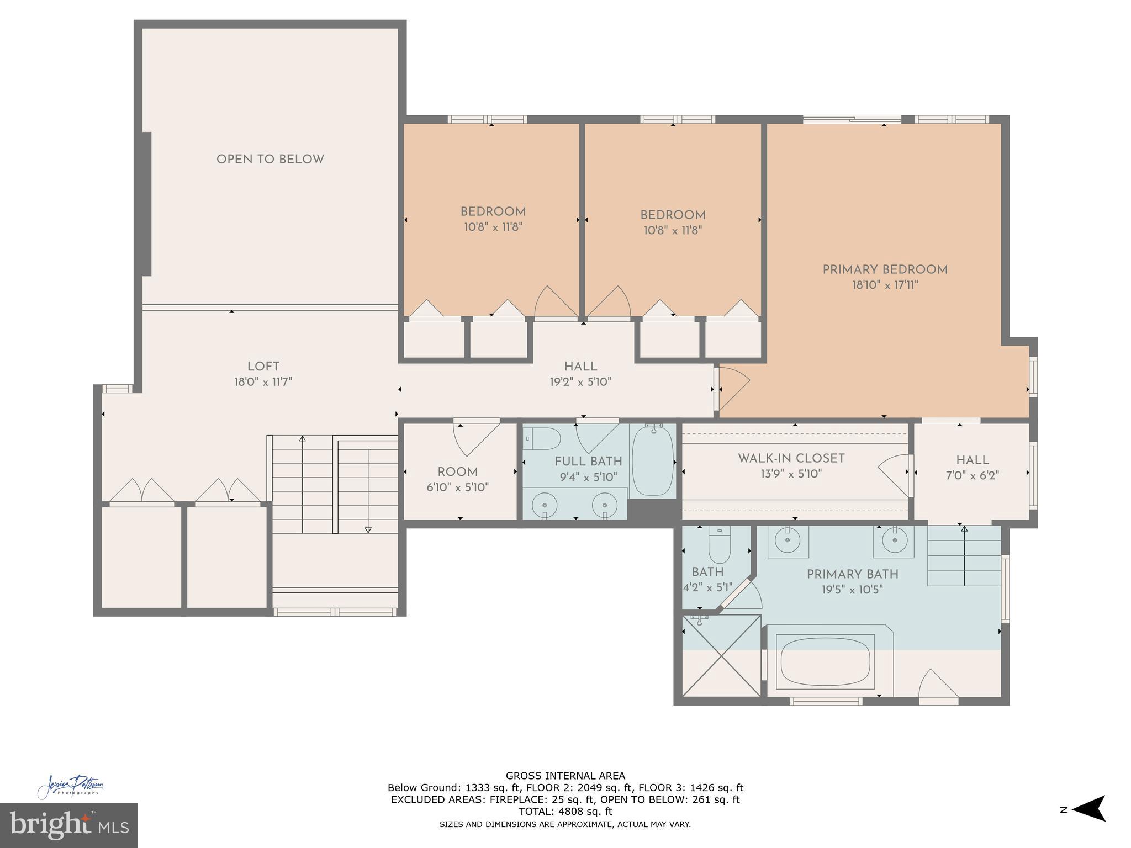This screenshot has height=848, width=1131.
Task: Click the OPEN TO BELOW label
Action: (x=270, y=160)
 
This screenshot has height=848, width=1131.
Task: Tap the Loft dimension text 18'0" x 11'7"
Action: (x=263, y=381)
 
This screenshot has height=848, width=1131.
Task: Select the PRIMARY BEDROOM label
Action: (x=885, y=270)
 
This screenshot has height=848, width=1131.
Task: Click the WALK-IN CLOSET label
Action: (x=791, y=458)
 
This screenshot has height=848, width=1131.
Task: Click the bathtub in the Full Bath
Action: (x=653, y=462)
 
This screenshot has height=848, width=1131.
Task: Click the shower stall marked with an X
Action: (x=721, y=655)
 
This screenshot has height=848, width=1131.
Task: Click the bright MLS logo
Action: (x=68, y=825)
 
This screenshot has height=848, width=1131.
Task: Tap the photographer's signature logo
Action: (x=71, y=786)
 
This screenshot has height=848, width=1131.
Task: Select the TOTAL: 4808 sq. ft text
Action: (x=565, y=812)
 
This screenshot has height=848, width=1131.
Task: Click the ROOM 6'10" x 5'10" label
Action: (x=457, y=479)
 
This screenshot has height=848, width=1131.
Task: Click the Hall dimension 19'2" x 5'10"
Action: (x=580, y=381)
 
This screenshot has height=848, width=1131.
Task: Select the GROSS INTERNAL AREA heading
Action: (x=565, y=776)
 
